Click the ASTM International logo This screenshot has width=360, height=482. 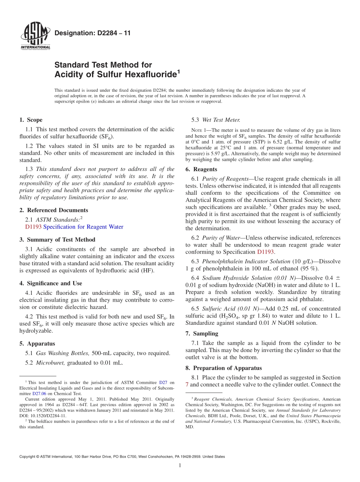click(x=35, y=36)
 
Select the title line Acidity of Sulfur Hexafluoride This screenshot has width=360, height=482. click(x=116, y=74)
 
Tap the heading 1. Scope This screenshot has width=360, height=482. click(x=31, y=120)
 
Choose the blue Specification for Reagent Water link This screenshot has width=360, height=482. click(x=83, y=227)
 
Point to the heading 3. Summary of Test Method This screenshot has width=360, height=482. click(x=57, y=239)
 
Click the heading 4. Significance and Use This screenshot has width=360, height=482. click(x=51, y=283)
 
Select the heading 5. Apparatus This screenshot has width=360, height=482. click(x=37, y=343)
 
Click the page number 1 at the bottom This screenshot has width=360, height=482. click(x=180, y=466)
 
